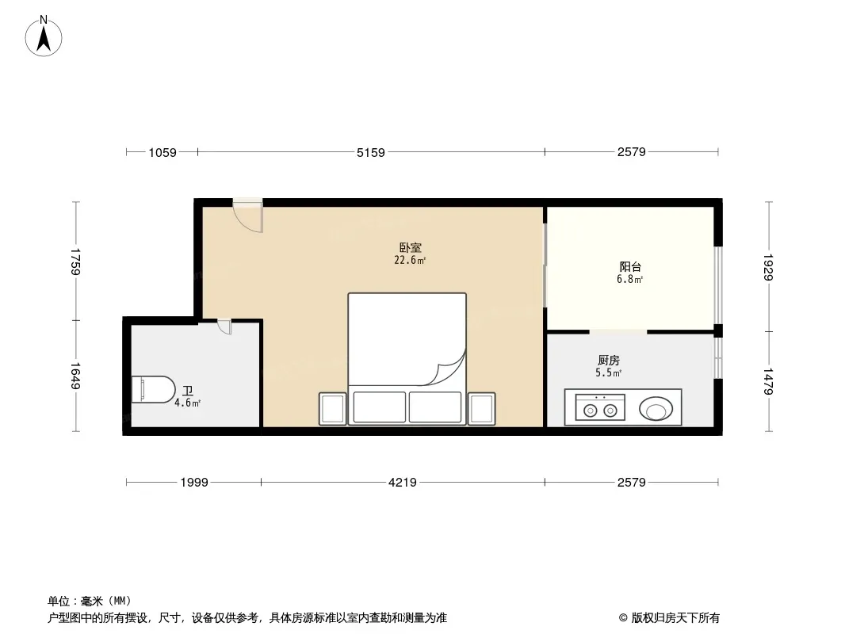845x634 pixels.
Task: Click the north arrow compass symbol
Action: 44,36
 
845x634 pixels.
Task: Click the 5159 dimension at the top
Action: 371,152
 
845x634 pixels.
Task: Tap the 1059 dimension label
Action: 162,152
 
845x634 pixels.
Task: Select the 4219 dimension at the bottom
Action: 403,482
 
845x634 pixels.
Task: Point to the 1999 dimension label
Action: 194,482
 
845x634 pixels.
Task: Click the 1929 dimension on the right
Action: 768,267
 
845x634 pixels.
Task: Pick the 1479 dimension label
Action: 768,381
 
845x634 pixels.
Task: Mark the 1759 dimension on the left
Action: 75,262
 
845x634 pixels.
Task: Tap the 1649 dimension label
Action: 75,376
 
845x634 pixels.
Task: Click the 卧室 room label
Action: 410,248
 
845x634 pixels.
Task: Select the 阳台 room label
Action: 630,266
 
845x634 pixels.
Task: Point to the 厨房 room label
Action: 609,361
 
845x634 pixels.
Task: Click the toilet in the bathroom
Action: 154,389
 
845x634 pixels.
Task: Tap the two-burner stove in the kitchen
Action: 600,407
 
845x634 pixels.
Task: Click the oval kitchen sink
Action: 656,409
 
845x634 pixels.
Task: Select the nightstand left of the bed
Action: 332,409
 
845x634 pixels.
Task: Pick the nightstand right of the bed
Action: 481,409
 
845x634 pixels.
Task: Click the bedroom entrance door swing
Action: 248,216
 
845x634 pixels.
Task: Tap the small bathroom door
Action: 224,327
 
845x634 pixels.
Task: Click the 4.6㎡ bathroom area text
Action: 188,403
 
